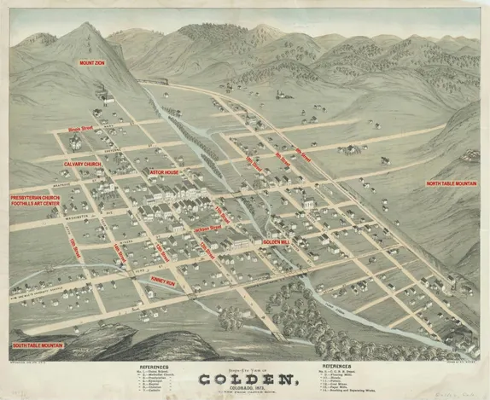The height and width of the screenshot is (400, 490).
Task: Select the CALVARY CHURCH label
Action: [x=82, y=163]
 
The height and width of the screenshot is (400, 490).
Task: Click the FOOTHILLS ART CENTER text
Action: [x=35, y=204]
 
